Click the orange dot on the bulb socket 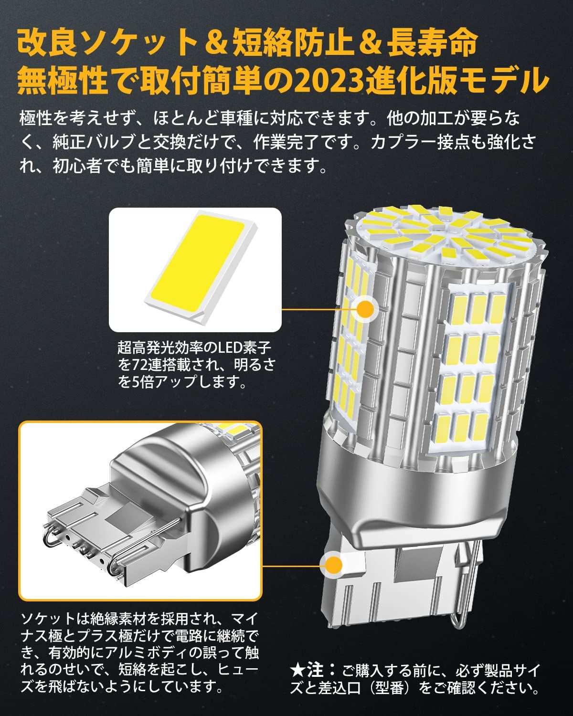click(332, 565)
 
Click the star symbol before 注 click(297, 670)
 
